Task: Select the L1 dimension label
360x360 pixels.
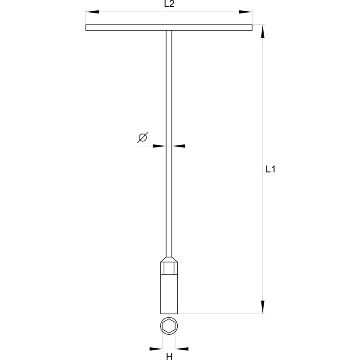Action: tap(270, 170)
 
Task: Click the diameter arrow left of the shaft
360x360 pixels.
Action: tap(159, 146)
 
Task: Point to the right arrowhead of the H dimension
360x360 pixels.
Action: tap(183, 348)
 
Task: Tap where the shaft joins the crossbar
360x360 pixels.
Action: tap(169, 31)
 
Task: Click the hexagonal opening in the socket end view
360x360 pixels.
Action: tap(169, 327)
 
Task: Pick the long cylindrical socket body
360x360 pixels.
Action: tap(169, 295)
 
